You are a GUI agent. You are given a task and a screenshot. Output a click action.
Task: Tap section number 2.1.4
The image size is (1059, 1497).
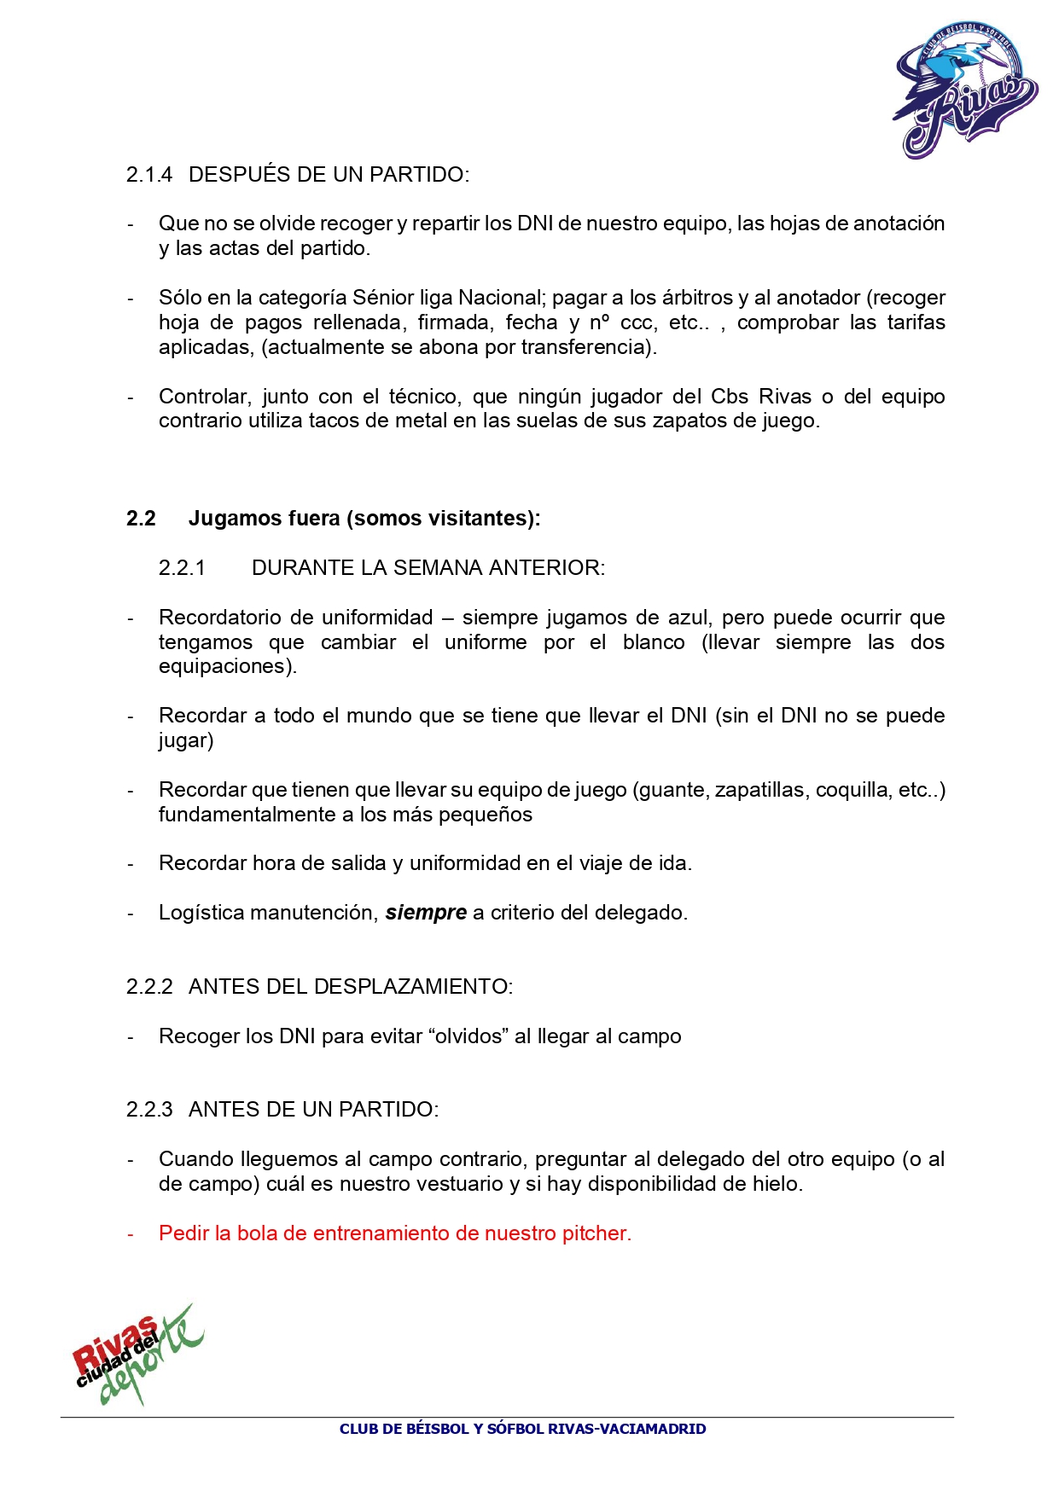point(149,175)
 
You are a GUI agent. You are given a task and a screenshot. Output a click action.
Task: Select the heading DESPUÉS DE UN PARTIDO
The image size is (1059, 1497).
point(329,175)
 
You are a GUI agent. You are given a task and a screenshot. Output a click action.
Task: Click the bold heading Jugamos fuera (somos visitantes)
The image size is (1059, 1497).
point(364,519)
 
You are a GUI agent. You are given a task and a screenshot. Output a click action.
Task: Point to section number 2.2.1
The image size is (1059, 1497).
point(182,568)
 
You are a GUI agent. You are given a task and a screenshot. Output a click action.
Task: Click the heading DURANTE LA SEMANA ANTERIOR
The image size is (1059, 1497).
point(428,568)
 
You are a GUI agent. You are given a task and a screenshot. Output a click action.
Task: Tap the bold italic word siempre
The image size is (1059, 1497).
point(426,913)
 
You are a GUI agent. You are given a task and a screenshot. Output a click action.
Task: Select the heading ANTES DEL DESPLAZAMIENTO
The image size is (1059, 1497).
point(351,987)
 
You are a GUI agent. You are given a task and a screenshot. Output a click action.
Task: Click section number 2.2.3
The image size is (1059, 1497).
point(149,1110)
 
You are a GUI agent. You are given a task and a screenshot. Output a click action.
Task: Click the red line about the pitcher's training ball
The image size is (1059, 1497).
point(395,1233)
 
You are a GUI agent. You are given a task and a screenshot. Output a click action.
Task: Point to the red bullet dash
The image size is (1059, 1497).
point(131,1234)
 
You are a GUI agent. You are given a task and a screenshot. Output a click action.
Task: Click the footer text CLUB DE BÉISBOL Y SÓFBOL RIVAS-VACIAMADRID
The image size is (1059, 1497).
point(522,1429)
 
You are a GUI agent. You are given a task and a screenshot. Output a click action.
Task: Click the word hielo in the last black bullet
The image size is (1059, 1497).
point(777,1184)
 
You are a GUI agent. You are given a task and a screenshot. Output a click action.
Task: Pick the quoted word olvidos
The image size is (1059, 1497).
point(468,1036)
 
